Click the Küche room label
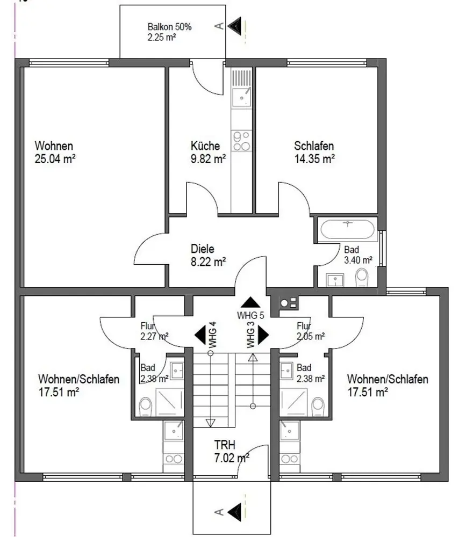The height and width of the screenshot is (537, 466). [205, 146]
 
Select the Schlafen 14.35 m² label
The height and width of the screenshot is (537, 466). [314, 151]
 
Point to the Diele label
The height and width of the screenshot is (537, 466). [203, 249]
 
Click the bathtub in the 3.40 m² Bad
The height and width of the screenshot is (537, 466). [347, 229]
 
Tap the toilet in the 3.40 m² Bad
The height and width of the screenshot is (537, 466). [362, 277]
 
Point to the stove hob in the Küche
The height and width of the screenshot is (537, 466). [240, 141]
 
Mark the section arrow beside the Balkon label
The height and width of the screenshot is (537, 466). [234, 25]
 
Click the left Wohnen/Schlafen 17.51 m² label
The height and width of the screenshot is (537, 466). [78, 386]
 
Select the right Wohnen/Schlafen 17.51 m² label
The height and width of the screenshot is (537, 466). [387, 386]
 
